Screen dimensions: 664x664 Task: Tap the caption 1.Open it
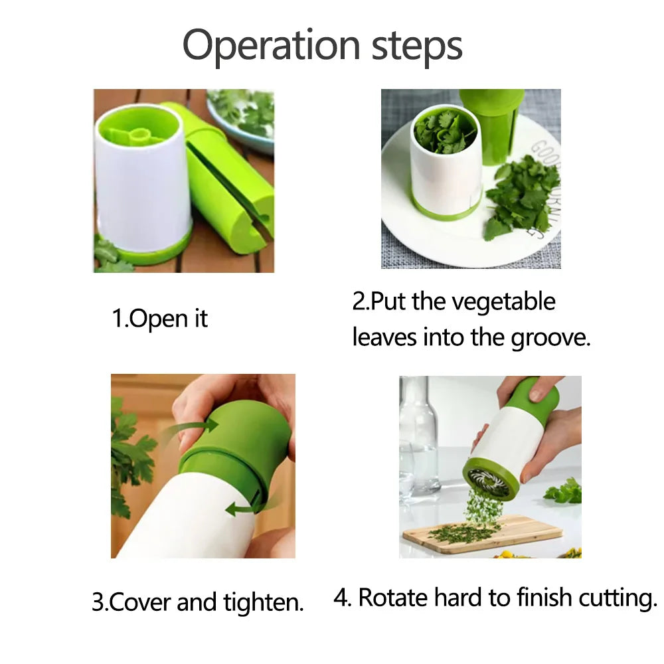coord(159,319)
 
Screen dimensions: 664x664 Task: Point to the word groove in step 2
coord(549,337)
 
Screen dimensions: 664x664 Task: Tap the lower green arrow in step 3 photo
coord(240,509)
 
